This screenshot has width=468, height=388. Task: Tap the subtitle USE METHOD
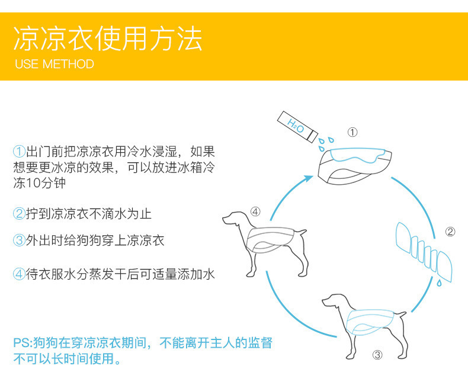55,64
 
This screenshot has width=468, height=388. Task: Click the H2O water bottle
297,127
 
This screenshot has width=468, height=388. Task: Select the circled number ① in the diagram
352,132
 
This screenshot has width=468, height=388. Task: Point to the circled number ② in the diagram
450,232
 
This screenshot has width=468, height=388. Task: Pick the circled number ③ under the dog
377,355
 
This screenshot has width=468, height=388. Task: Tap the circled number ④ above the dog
255,211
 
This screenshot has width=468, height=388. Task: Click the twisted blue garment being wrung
424,251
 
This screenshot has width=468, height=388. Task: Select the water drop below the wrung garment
439,283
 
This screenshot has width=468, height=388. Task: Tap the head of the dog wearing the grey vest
233,218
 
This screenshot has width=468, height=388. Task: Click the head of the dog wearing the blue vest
333,300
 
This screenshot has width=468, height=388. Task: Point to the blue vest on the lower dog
371,322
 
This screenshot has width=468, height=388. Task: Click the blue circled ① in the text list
19,151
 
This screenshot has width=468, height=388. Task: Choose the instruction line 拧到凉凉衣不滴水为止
89,214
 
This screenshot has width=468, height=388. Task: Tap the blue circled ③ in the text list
19,241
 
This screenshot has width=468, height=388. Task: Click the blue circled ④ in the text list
19,274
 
